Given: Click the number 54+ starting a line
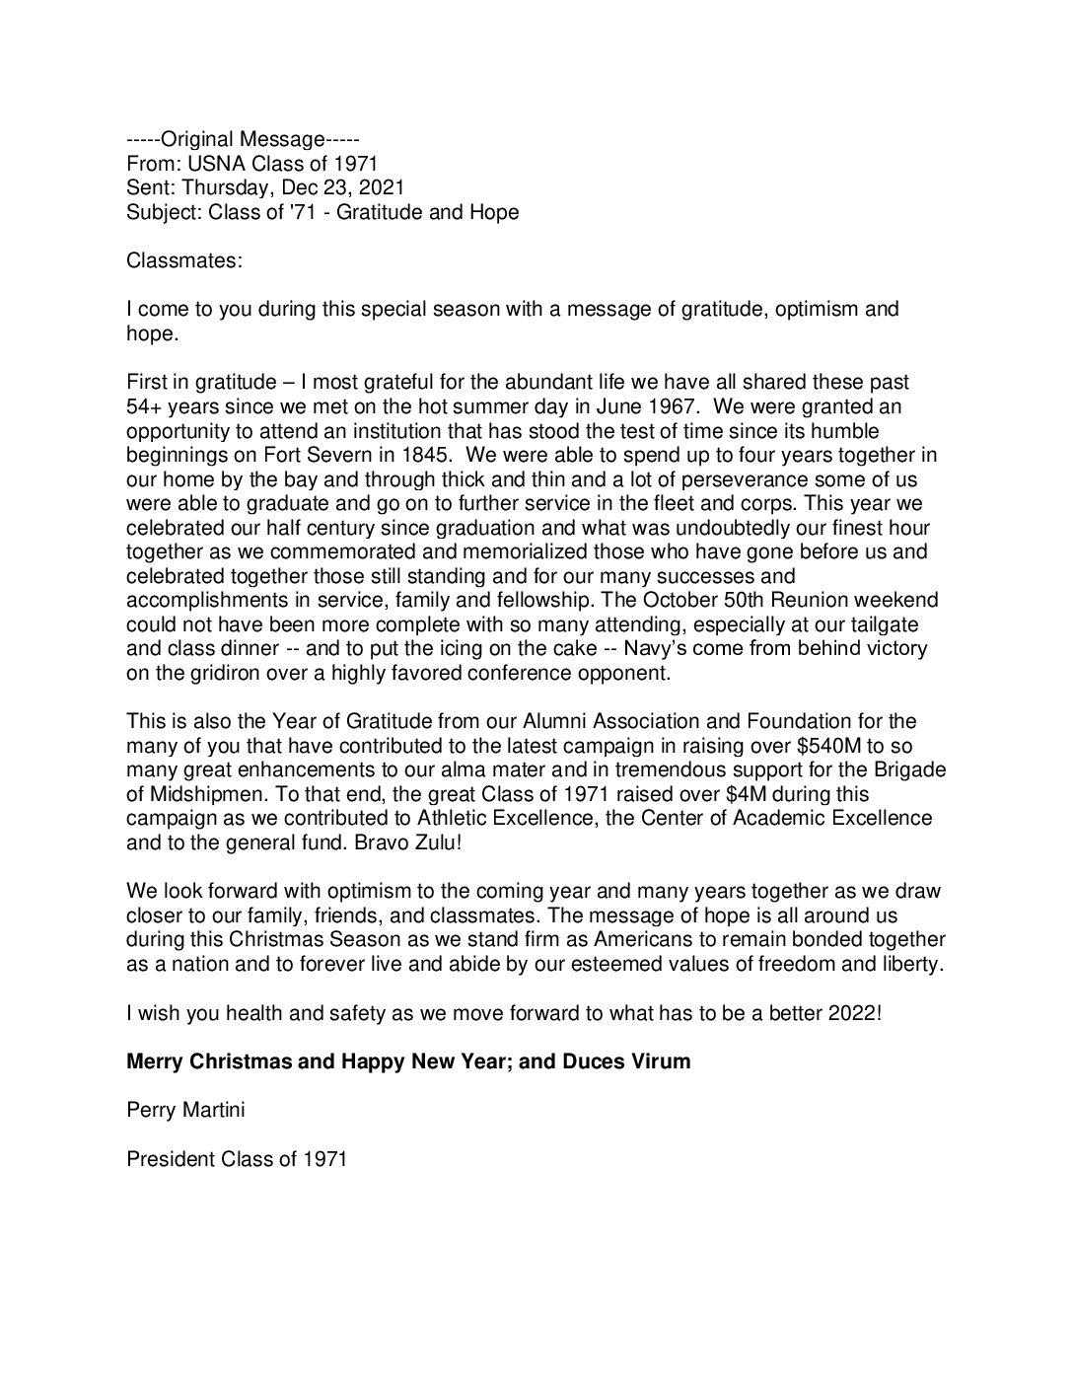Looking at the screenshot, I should pos(145,405).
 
